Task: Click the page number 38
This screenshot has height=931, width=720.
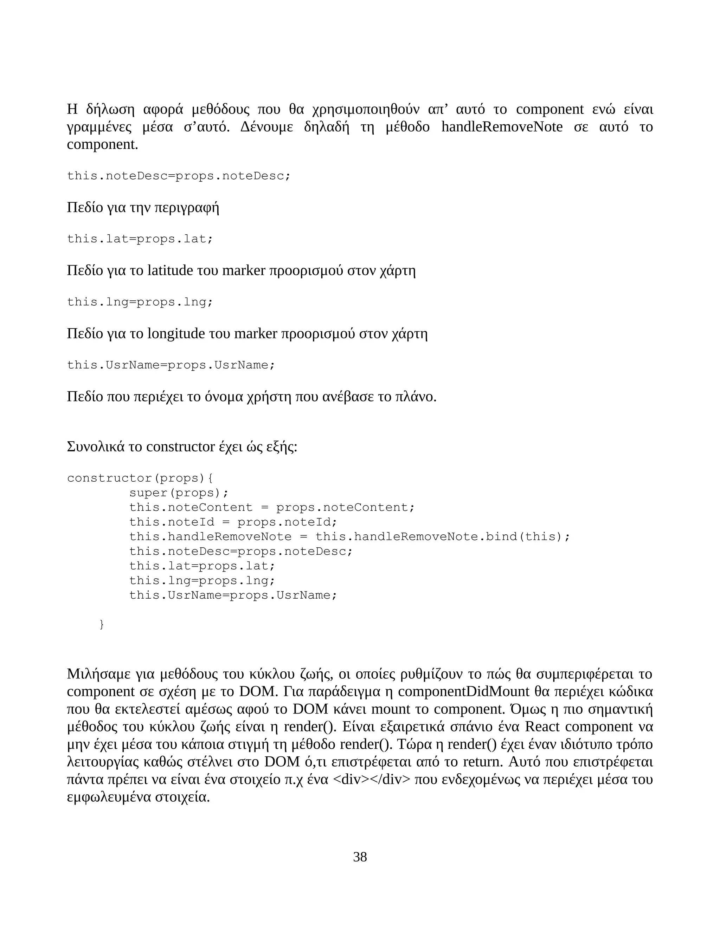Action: [360, 857]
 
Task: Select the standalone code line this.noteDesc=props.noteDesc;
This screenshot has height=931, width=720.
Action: [178, 176]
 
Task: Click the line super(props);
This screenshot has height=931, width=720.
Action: [179, 493]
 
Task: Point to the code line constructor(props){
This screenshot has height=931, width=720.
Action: [140, 478]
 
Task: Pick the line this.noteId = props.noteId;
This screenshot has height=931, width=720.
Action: [233, 522]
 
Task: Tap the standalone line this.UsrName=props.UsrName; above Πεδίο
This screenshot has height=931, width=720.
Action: [171, 365]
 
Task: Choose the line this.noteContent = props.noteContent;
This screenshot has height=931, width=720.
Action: [272, 507]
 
